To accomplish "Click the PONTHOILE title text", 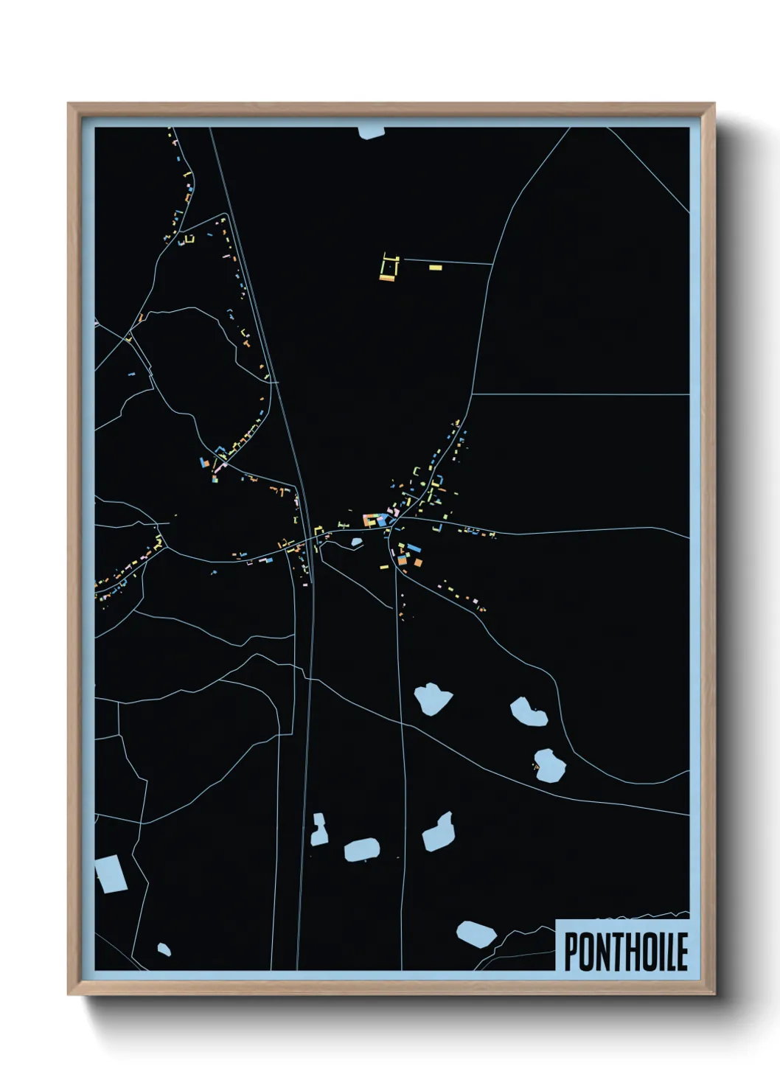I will [626, 951].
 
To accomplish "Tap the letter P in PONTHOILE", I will [571, 952].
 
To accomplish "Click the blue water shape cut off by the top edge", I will [372, 133].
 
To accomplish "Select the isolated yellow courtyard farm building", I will [389, 268].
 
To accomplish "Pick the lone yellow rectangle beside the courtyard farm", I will [435, 267].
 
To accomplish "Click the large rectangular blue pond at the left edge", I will [111, 874].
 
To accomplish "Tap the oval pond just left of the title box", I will [476, 933].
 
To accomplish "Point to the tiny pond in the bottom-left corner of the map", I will [164, 949].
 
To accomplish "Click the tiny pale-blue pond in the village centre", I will [357, 543].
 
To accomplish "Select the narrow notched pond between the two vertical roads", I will [319, 829].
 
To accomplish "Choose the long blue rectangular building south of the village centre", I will [413, 548].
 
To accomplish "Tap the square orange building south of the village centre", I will [418, 562].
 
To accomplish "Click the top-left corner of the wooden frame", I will [69, 104].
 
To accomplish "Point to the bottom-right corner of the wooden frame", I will [714, 994].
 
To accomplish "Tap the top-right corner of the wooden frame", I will [714, 104].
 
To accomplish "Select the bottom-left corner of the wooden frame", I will [69, 994].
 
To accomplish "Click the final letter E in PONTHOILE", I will [682, 952].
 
